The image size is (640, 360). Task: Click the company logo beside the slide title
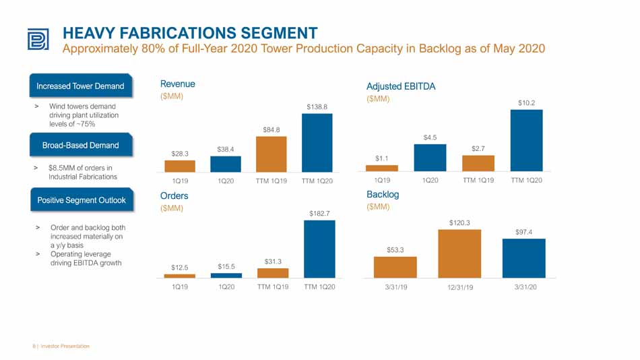[x=38, y=39]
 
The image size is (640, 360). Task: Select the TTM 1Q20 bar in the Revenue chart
[x=317, y=143]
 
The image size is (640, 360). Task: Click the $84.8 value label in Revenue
[x=271, y=130]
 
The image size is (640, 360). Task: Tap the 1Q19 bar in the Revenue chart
[x=180, y=166]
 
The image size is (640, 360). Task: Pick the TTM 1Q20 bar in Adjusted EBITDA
[x=527, y=140]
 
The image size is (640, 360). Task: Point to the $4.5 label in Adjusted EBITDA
[x=430, y=138]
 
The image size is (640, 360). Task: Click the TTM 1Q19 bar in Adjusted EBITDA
[x=478, y=163]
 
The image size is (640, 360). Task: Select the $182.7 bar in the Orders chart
[x=319, y=249]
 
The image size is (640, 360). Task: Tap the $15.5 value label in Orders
[x=226, y=267]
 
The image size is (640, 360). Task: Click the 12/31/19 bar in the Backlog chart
[x=459, y=253]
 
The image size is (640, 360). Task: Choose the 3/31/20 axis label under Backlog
[x=525, y=287]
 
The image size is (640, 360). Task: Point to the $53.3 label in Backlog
[x=395, y=250]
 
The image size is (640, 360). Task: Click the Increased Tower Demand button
[x=81, y=86]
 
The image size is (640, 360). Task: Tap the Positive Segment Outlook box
[x=82, y=200]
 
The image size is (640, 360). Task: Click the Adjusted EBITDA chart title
[x=401, y=86]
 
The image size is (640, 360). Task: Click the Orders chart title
[x=174, y=196]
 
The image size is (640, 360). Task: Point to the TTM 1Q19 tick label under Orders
[x=273, y=287]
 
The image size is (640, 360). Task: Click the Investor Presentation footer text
[x=65, y=346]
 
